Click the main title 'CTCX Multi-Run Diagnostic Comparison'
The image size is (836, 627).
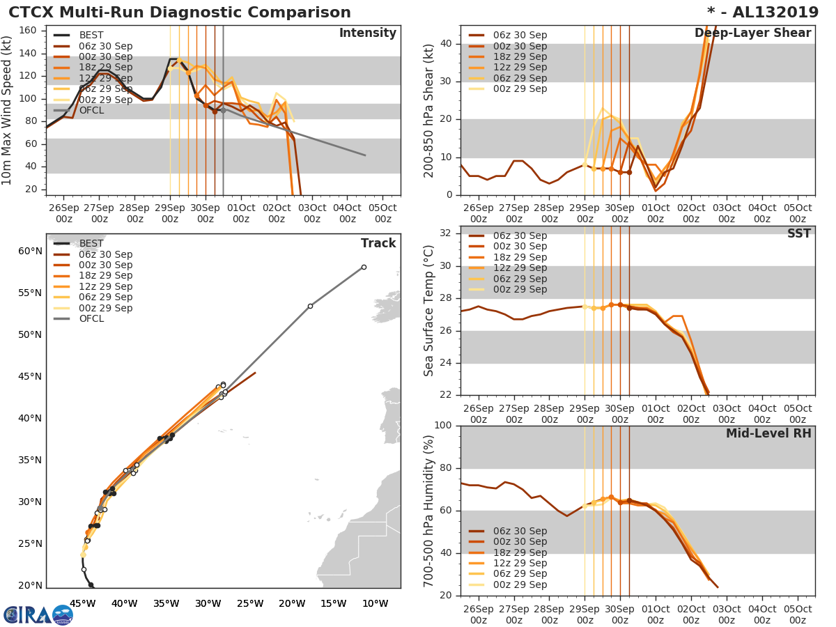180,13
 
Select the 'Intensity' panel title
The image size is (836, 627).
367,33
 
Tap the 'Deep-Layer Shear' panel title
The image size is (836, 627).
752,33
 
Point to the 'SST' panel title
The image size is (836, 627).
798,234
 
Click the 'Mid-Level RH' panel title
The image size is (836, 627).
768,434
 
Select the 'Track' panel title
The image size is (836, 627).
378,243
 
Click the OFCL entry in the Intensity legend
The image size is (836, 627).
92,110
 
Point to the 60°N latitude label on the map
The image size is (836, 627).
29,251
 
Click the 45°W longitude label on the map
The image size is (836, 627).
83,603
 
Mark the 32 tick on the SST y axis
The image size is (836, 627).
445,233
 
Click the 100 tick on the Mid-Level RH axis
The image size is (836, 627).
442,426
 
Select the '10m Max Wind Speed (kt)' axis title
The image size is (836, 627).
8,111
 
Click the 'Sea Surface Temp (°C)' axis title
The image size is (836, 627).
429,311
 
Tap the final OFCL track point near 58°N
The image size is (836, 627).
364,267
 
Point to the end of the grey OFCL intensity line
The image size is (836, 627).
365,155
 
